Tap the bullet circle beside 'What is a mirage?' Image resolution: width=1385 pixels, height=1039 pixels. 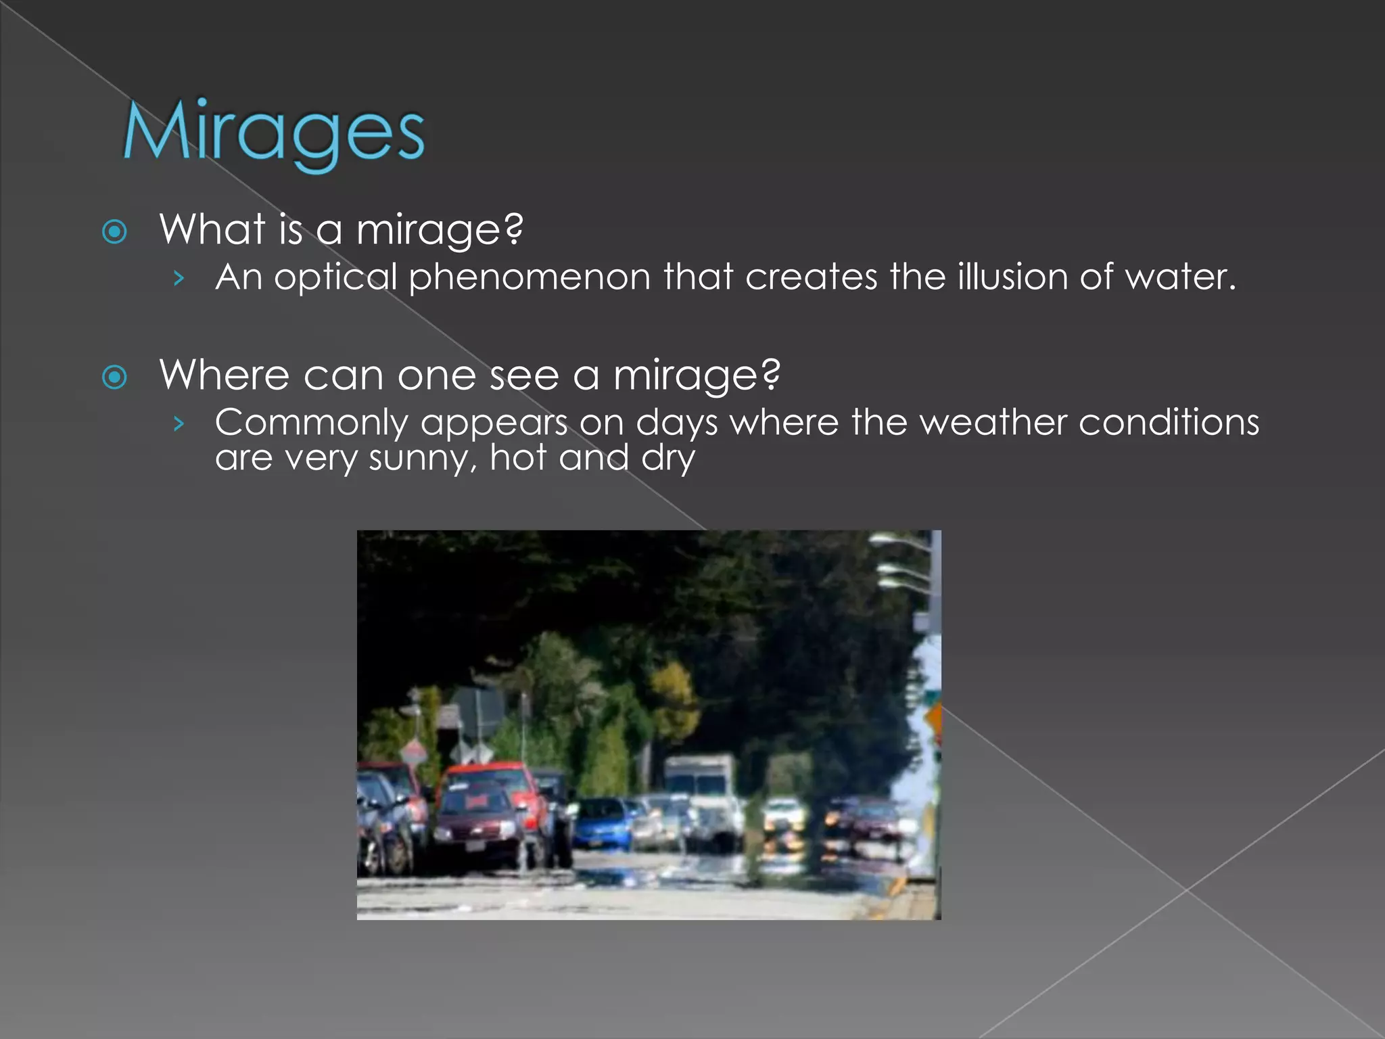coord(114,232)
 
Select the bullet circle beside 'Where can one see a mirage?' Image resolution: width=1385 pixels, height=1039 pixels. coord(114,377)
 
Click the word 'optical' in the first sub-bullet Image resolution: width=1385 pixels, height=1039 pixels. coord(335,278)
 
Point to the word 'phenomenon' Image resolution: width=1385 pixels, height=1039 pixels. coord(530,278)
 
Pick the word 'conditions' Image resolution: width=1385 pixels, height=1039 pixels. coord(1169,422)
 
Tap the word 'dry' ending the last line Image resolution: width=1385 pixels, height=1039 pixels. coord(668,459)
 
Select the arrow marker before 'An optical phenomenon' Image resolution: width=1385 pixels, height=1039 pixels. coord(179,278)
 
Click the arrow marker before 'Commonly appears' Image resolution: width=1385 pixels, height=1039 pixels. coord(179,423)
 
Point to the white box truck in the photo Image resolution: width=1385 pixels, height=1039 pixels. coord(700,788)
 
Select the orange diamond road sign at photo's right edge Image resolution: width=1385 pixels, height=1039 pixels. coord(934,722)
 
